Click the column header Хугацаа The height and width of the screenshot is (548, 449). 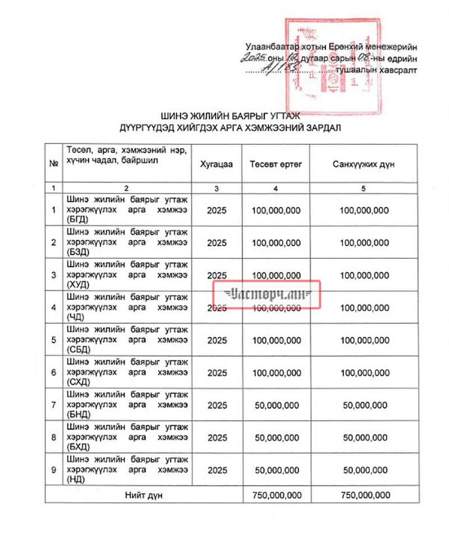tap(216, 164)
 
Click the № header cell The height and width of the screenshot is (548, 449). tap(54, 164)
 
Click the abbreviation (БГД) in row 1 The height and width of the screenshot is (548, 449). tap(76, 220)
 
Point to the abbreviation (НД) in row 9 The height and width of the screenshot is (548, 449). tap(74, 479)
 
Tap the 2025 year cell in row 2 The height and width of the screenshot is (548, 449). tap(217, 243)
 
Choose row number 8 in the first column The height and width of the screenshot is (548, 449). tap(54, 438)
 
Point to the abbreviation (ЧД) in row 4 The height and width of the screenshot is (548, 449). tap(75, 317)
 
